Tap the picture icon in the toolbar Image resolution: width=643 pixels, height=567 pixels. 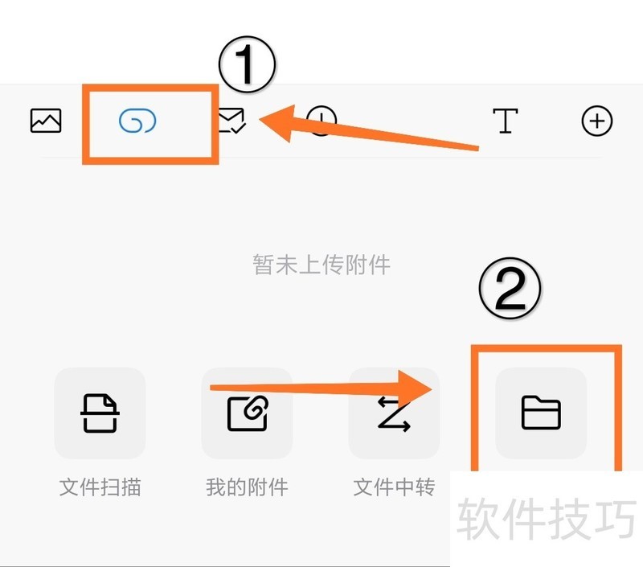click(x=46, y=121)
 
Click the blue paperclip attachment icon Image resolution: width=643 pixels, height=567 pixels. click(x=137, y=121)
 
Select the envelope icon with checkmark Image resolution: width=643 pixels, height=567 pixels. click(x=232, y=121)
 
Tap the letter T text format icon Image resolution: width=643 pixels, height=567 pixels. click(x=506, y=121)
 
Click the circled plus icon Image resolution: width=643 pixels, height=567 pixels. click(x=597, y=121)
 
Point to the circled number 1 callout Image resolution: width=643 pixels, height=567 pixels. click(x=248, y=64)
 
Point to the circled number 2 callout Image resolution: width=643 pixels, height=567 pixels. click(x=510, y=289)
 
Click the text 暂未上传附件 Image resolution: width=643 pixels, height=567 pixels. click(x=321, y=265)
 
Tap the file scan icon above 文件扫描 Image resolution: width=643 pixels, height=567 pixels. click(x=100, y=413)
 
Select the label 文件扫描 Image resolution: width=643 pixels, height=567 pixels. click(x=100, y=487)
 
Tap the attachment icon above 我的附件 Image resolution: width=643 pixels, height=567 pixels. click(x=248, y=413)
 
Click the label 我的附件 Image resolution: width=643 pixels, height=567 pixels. click(x=247, y=487)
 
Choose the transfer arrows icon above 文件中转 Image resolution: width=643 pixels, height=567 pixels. click(x=394, y=414)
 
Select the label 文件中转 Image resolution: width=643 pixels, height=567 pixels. click(x=394, y=487)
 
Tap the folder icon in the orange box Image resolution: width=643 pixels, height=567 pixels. click(x=541, y=413)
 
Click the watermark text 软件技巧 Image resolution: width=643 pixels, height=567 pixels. click(x=547, y=519)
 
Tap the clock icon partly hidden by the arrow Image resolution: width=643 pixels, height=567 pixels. click(x=321, y=121)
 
